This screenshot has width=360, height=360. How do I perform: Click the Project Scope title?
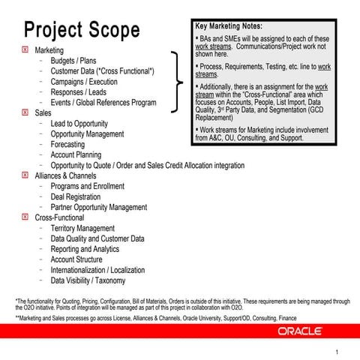pyautogui.click(x=82, y=30)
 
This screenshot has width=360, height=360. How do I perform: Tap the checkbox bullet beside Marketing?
pyautogui.click(x=26, y=49)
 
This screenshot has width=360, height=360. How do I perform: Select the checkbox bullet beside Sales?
pyautogui.click(x=26, y=112)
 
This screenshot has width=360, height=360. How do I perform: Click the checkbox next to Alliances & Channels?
pyautogui.click(x=26, y=175)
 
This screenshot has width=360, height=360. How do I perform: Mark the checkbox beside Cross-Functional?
pyautogui.click(x=26, y=217)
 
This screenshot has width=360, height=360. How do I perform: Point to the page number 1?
pyautogui.click(x=337, y=352)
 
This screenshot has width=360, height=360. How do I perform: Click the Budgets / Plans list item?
pyautogui.click(x=73, y=60)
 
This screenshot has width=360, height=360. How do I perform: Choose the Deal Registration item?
pyautogui.click(x=76, y=196)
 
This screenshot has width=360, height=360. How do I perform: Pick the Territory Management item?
pyautogui.click(x=82, y=228)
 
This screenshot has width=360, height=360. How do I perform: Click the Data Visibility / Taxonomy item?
pyautogui.click(x=88, y=280)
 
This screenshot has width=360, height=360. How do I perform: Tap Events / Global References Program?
pyautogui.click(x=103, y=102)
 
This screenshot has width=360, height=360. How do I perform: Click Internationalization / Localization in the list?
pyautogui.click(x=97, y=270)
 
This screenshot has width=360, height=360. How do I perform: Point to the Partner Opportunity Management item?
pyautogui.click(x=98, y=207)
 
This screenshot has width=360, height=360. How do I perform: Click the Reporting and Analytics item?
pyautogui.click(x=85, y=249)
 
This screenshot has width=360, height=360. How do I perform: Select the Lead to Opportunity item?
pyautogui.click(x=79, y=123)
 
